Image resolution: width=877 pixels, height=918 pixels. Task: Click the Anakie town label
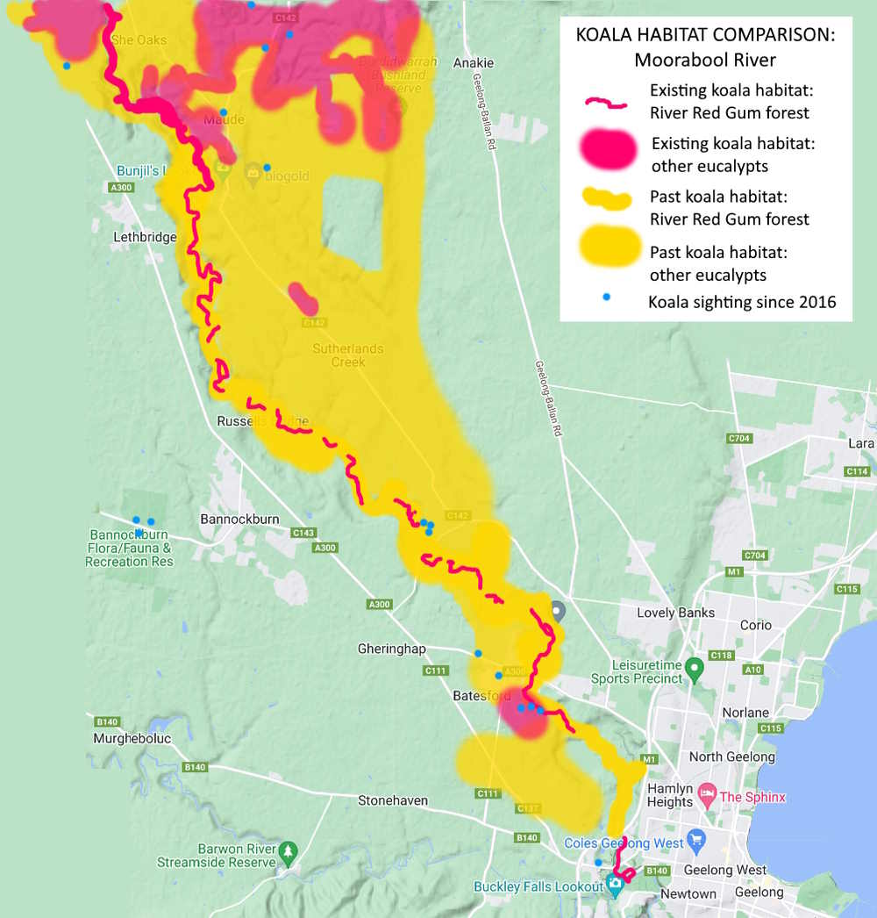474,63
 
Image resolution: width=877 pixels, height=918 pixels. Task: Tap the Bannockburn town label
239,519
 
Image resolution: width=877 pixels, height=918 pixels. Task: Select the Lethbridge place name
145,237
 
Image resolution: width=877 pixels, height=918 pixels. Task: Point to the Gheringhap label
392,649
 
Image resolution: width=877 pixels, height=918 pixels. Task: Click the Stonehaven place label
393,800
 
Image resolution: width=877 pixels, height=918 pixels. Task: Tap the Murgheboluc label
132,739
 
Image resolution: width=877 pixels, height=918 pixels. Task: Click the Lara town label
861,443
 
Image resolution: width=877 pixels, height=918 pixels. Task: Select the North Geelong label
731,757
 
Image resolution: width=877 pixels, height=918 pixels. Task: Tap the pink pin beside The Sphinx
707,797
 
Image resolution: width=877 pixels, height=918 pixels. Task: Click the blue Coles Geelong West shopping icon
696,838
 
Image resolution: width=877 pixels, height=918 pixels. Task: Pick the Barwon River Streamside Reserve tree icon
287,850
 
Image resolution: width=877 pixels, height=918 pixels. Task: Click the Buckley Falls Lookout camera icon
615,886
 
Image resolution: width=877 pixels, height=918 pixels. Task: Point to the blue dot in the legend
606,298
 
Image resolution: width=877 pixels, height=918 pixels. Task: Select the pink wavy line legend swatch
606,103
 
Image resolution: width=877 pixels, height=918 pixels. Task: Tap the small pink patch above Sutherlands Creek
303,298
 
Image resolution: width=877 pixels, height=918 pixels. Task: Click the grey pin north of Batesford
558,609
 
